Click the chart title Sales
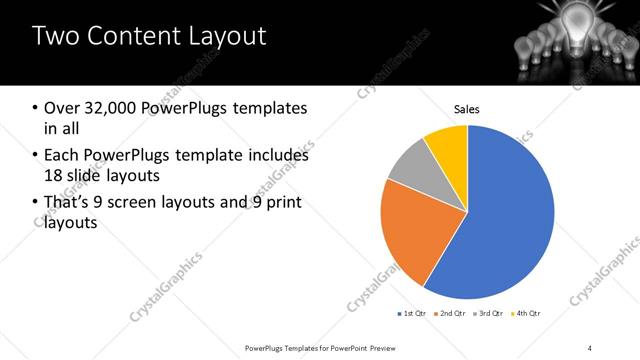(467, 108)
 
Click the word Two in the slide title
(55, 37)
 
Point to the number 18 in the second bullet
(55, 176)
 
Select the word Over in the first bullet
(62, 108)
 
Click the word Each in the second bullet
(62, 156)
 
